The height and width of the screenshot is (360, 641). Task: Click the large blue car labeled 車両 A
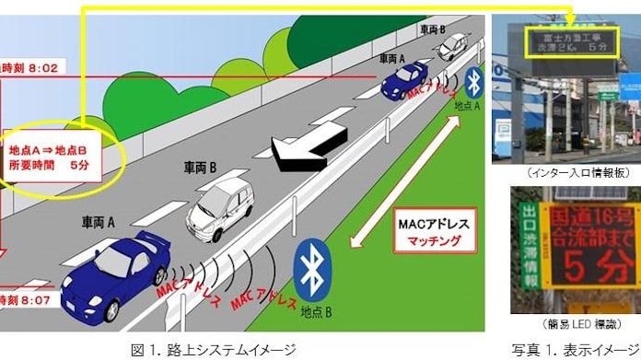click(x=116, y=268)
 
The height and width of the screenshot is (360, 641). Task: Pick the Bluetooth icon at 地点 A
click(x=473, y=81)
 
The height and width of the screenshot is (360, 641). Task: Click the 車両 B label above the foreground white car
click(x=201, y=168)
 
